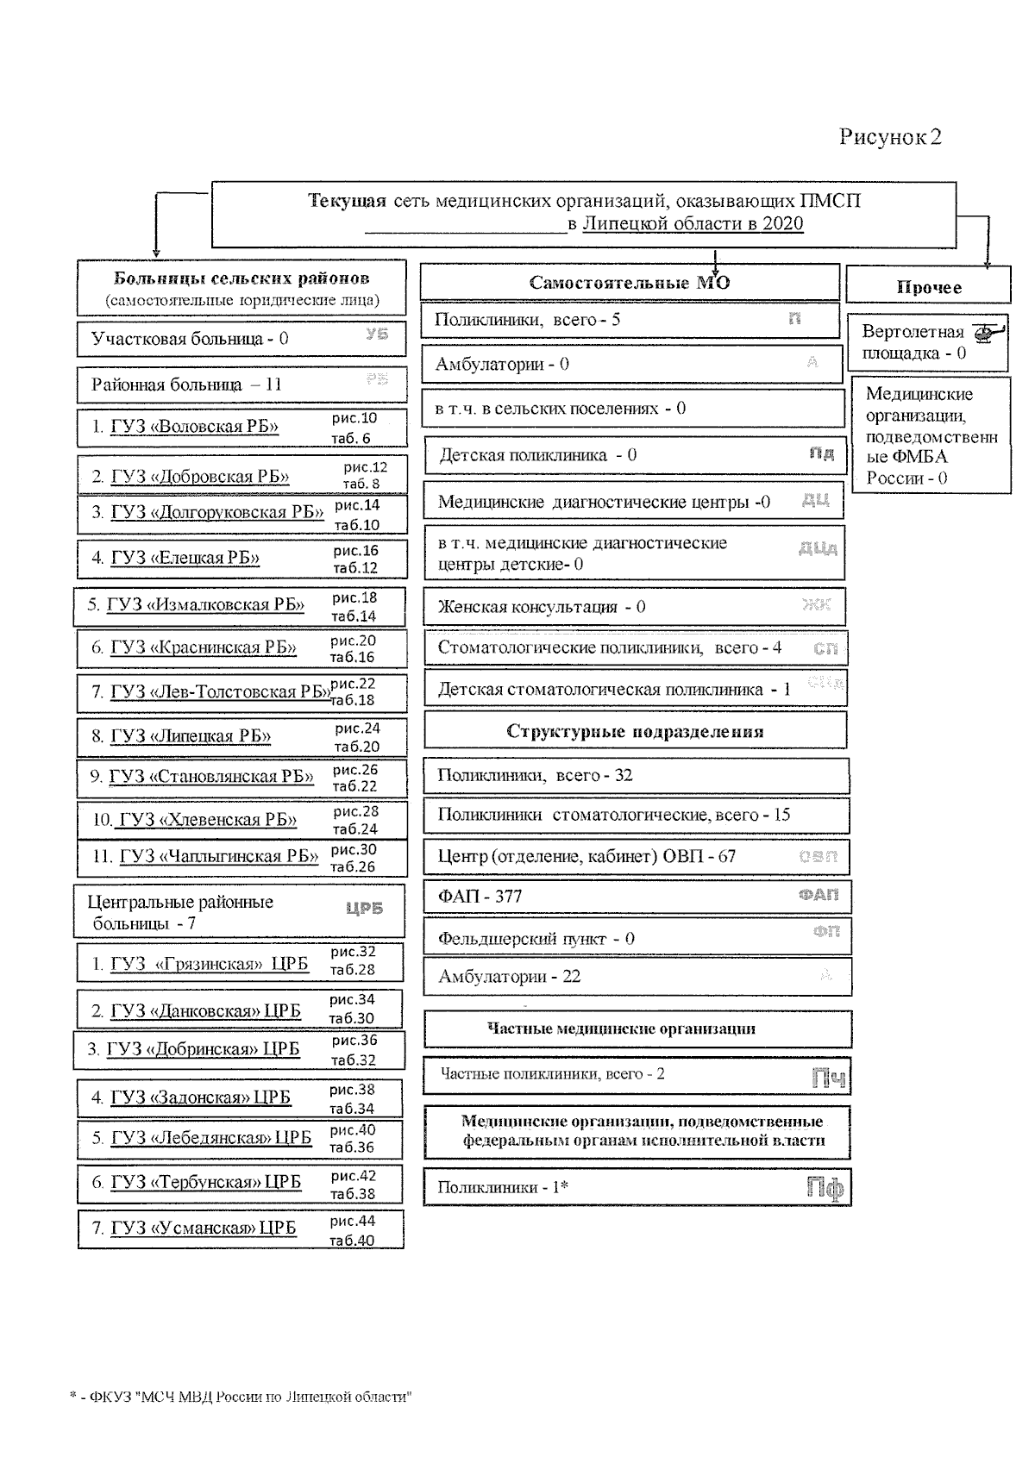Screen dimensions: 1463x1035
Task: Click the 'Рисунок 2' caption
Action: coord(890,137)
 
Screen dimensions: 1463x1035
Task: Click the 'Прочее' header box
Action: coord(928,287)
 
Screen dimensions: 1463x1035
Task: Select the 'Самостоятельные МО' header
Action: coord(630,283)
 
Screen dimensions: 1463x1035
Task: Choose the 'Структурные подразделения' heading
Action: coord(635,732)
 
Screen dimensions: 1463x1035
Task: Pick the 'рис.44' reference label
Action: coord(352,1221)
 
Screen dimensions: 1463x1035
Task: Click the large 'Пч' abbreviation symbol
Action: coord(829,1078)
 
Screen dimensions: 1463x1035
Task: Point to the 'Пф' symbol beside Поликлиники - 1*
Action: coord(825,1188)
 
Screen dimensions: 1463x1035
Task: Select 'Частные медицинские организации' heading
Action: coord(621,1028)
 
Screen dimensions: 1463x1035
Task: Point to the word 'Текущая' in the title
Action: coord(347,201)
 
